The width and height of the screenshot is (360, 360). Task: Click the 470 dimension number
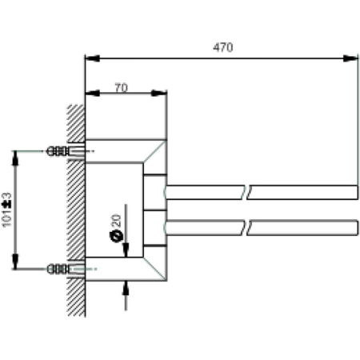coord(222,47)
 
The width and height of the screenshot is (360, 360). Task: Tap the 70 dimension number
coord(120,88)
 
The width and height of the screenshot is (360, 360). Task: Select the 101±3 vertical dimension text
coord(7,210)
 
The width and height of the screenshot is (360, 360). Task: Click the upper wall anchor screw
coord(59,150)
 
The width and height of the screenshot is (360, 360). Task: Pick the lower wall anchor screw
coord(59,269)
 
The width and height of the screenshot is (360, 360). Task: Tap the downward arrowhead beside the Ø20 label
coord(125,250)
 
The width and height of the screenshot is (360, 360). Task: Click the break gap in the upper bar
coord(246,192)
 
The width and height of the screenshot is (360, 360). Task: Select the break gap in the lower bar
coord(246,226)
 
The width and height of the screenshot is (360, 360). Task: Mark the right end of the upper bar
coord(357,192)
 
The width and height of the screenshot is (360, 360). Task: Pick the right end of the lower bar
coord(357,226)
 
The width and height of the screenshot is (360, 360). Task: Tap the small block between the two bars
coord(154,210)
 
